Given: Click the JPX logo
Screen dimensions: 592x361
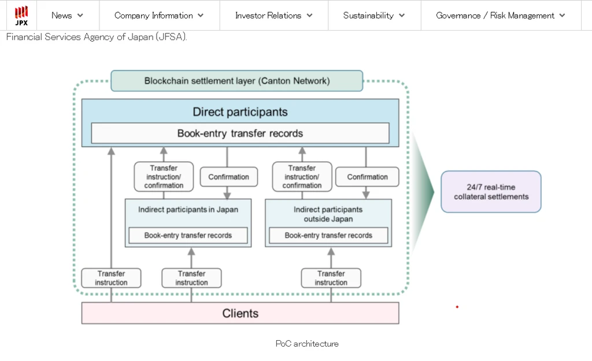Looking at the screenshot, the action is coord(21,16).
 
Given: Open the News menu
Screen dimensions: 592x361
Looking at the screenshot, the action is coord(67,16).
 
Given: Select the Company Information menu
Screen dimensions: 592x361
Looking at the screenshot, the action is coord(159,16).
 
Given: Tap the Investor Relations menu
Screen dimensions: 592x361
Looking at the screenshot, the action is coord(273,16).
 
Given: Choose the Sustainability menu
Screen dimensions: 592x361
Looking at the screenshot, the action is coord(374,16).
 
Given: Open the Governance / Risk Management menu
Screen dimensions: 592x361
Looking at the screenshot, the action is coord(501,16).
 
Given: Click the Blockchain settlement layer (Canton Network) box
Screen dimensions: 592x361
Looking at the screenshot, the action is coord(236,81).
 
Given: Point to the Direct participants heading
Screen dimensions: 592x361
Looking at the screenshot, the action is coord(240,111).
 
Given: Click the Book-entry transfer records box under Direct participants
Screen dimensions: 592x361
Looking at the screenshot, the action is coord(240,133).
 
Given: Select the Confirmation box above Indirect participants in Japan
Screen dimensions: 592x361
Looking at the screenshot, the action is coord(229,177).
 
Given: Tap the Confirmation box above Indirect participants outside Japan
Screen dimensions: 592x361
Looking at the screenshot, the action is coord(367,177).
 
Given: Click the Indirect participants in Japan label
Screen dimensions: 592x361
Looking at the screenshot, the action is coord(188,210).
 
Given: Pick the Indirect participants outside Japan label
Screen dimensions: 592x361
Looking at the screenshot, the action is coord(328,214).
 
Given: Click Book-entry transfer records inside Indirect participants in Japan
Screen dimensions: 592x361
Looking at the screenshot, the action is coord(188,236).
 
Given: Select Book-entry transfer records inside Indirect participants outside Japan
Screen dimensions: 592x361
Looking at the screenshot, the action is coord(328,236).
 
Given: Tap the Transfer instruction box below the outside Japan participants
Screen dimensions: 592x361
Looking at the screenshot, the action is coord(331,278).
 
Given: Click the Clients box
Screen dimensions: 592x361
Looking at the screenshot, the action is coord(240,313).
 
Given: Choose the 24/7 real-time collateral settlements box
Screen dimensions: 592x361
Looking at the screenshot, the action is coord(491,192).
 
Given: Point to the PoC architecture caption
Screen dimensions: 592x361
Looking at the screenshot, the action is coord(307,344).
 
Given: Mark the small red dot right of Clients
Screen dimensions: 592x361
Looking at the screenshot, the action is coord(457,307).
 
